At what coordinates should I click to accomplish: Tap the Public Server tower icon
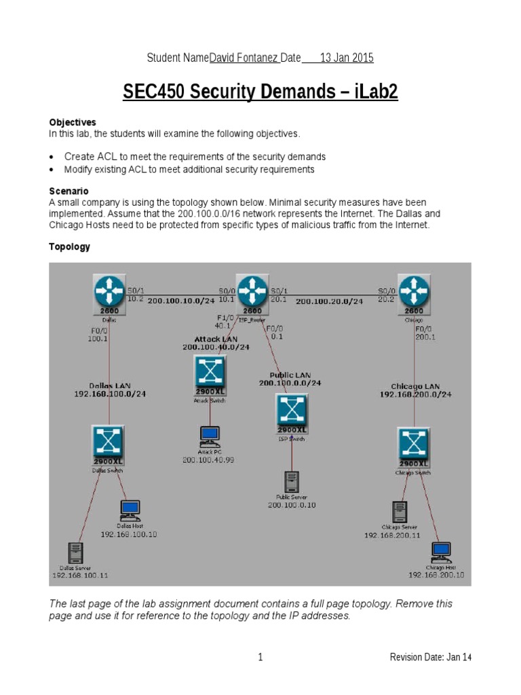click(292, 482)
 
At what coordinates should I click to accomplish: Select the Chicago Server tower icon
click(399, 512)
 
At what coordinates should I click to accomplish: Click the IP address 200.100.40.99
click(208, 460)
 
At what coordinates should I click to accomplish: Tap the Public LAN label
click(290, 375)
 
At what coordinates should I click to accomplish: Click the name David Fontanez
click(243, 58)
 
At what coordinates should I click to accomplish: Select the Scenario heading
click(69, 191)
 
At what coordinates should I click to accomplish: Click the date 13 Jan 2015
click(346, 58)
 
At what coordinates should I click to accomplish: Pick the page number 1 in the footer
click(260, 657)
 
